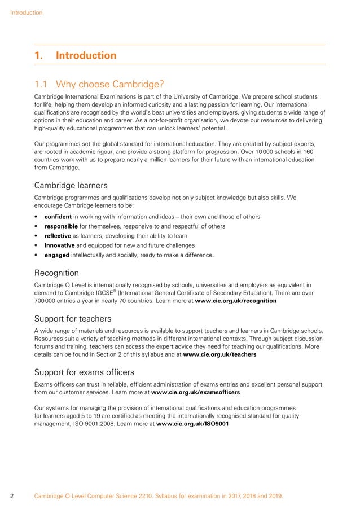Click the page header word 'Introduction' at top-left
pyautogui.click(x=26, y=12)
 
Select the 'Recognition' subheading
pyautogui.click(x=56, y=273)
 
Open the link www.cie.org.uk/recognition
pyautogui.click(x=235, y=301)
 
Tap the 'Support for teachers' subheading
pyautogui.click(x=73, y=319)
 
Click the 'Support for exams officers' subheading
pyautogui.click(x=84, y=372)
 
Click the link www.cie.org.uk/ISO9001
pyautogui.click(x=192, y=423)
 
